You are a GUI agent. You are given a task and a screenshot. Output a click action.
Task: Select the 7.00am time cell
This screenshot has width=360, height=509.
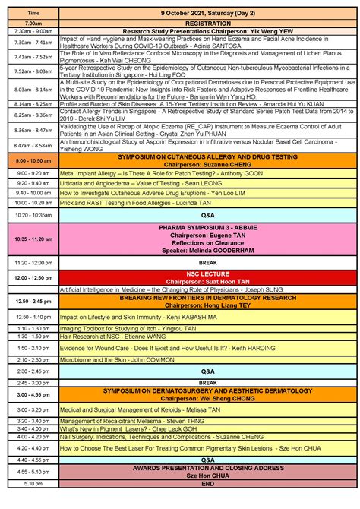click(33, 24)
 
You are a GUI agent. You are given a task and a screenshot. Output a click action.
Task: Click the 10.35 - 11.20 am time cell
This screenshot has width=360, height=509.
click(33, 239)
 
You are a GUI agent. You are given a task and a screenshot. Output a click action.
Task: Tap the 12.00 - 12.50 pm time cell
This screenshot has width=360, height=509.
click(33, 279)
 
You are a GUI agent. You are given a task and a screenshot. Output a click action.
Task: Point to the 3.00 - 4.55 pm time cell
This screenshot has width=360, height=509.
click(33, 395)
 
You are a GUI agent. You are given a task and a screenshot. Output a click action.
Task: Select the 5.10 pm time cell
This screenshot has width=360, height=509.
click(33, 483)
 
